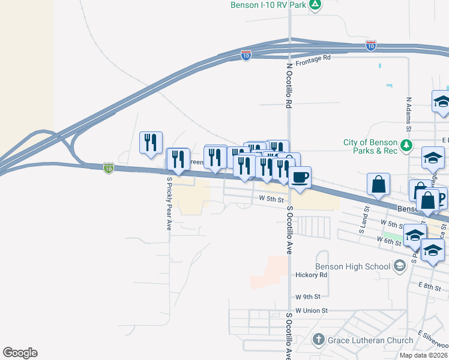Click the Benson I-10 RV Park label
click(268, 5)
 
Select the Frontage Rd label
click(313, 58)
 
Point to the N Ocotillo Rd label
click(289, 86)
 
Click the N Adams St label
click(408, 114)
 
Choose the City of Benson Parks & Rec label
click(370, 146)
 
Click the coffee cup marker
click(300, 177)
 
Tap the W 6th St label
click(388, 240)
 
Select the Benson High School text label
click(353, 266)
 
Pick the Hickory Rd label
click(311, 275)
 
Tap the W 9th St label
click(308, 296)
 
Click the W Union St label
click(312, 311)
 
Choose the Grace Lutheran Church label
click(362, 341)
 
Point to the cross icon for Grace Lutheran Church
click(319, 340)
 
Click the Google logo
click(20, 353)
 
